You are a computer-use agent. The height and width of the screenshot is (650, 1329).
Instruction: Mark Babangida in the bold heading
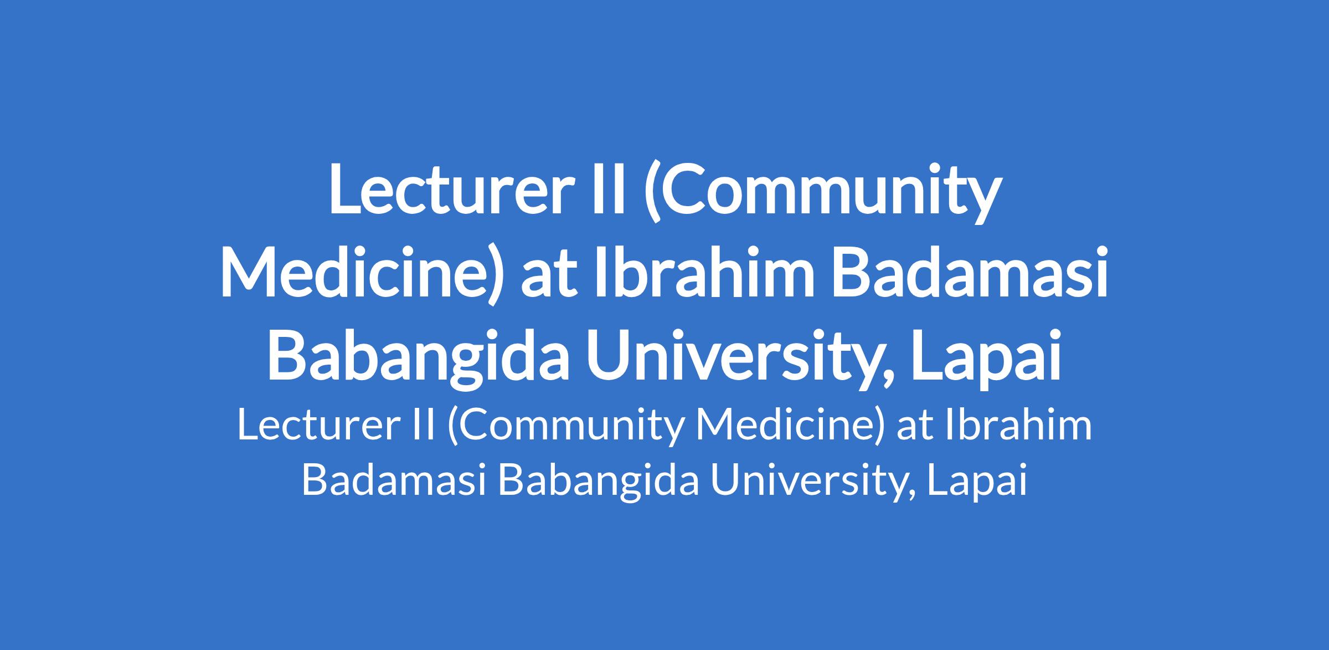click(419, 357)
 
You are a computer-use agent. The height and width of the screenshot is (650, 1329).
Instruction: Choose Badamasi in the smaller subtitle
click(394, 479)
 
